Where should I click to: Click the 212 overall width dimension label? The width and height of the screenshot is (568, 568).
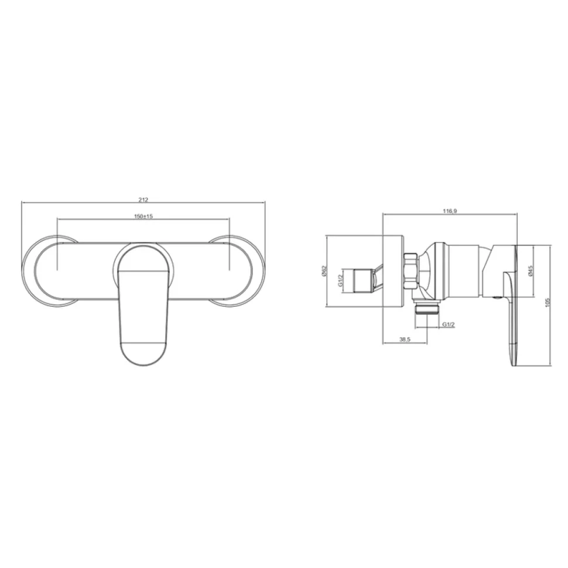click(x=144, y=200)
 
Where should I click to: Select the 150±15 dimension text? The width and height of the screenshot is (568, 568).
click(x=144, y=216)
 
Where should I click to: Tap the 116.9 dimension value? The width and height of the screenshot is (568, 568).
click(x=450, y=211)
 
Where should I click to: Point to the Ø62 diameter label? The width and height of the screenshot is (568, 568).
click(x=324, y=271)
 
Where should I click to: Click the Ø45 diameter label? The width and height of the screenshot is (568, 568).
click(x=531, y=271)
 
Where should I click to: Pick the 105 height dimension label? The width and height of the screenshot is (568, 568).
click(x=547, y=302)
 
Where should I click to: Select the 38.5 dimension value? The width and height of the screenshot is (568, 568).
click(x=405, y=340)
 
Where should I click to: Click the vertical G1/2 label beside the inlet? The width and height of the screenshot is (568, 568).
click(x=341, y=280)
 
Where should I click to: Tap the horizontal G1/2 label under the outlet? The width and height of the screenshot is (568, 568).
click(x=448, y=324)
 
